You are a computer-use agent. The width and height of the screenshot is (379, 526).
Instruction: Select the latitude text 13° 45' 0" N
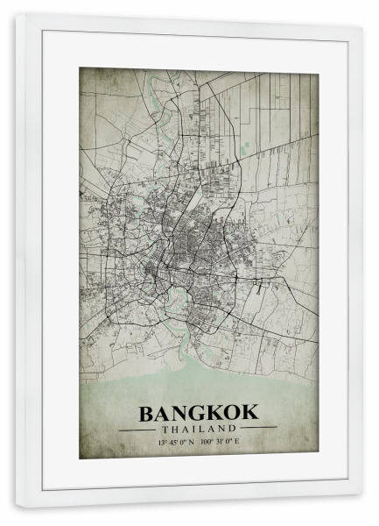176,442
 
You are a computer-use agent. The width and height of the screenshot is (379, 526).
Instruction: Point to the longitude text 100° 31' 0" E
220,442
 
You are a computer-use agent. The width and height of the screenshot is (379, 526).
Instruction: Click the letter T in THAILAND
164,429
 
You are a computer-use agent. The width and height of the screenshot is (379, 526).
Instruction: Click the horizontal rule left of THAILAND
137,430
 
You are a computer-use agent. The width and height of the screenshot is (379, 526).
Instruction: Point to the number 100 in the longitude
207,442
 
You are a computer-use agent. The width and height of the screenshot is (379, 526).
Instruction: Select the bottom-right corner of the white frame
361,506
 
